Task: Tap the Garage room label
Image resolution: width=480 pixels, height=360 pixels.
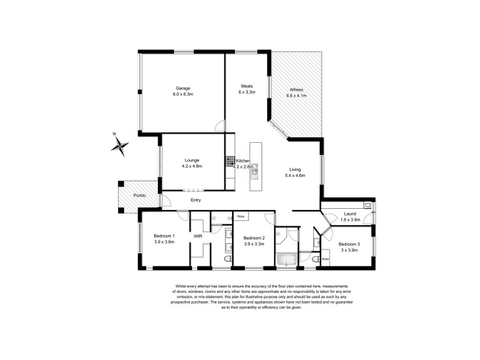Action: (182, 88)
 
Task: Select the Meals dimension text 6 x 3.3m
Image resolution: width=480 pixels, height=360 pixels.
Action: (247, 92)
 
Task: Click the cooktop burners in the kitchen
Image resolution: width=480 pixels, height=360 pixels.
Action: (230, 161)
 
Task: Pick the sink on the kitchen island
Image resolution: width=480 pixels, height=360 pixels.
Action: (254, 172)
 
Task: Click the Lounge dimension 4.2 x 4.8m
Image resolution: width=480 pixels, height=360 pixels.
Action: (191, 166)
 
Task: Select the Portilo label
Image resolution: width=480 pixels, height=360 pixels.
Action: (140, 196)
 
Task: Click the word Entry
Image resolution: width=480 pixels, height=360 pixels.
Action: (196, 200)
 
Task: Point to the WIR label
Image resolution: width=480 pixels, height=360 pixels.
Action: (198, 236)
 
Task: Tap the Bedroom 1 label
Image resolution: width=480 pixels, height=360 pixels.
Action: (164, 235)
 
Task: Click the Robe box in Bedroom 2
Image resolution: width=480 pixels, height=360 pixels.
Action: (241, 215)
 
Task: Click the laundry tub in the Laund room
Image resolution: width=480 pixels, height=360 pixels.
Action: (367, 206)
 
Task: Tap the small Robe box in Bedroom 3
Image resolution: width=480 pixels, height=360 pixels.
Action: (326, 259)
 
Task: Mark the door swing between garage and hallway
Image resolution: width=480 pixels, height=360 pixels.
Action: (220, 126)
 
